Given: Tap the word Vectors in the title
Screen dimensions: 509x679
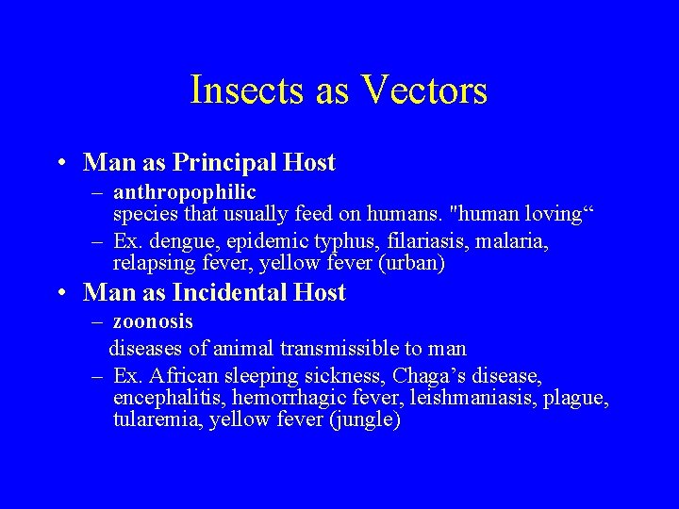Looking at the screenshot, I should (424, 90).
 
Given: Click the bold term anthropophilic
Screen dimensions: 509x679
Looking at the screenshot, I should (185, 193).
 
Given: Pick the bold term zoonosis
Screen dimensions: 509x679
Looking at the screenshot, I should (153, 322).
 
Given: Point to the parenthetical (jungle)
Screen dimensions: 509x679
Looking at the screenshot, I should (365, 420).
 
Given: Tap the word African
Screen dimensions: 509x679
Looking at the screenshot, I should (179, 377).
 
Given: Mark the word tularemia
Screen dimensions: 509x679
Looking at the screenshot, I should (151, 420).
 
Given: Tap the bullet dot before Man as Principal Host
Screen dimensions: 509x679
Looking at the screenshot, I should (60, 164).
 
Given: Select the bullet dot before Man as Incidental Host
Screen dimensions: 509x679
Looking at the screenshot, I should (60, 294).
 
